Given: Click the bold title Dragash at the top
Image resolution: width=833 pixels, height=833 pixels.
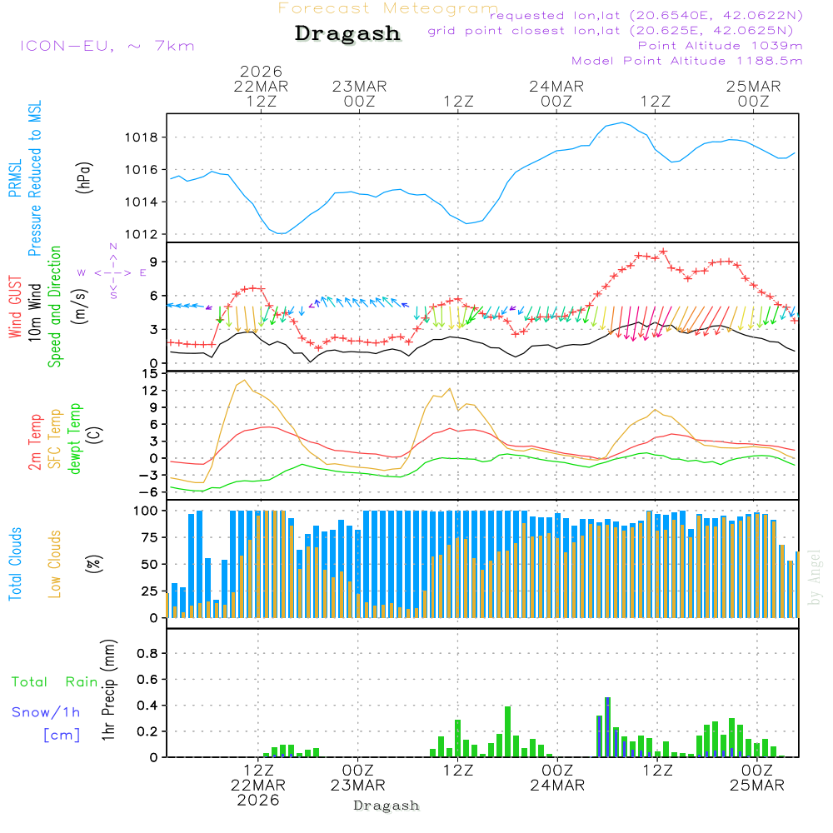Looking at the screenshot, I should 347,33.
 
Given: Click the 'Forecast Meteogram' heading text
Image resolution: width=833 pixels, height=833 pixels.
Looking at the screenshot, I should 388,8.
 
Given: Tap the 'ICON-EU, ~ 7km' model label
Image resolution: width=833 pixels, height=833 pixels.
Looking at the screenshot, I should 107,46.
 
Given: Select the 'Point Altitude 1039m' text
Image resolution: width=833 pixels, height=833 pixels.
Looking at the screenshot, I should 720,46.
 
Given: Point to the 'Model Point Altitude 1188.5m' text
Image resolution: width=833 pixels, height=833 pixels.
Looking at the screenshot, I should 686,61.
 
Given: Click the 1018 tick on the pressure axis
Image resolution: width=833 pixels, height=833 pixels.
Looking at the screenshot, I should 147,137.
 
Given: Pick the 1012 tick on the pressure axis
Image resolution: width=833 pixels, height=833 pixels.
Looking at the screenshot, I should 147,234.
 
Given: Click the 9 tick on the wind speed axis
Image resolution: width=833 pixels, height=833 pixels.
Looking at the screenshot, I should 155,262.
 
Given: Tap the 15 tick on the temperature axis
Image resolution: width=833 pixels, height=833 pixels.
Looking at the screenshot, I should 151,373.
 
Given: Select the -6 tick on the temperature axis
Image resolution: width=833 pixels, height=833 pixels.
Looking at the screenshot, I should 151,491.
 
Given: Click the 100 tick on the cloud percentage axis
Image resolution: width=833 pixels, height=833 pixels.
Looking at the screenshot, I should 147,511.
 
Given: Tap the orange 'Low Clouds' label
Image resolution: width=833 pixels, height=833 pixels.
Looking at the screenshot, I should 55,563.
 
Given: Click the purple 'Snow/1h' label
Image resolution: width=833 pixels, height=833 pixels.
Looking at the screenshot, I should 47,712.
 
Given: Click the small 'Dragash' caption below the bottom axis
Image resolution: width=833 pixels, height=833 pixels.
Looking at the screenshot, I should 387,806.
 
